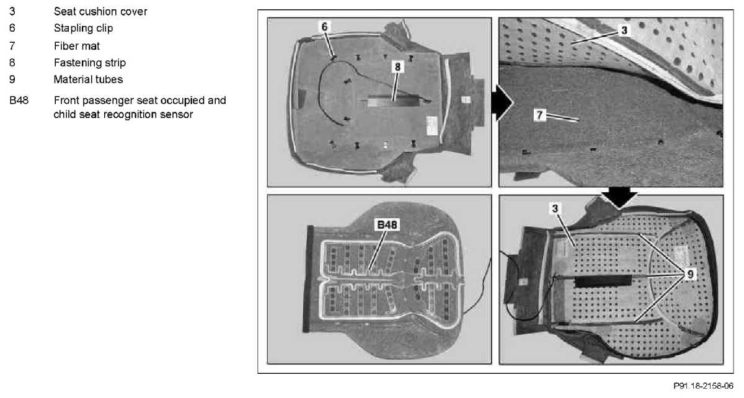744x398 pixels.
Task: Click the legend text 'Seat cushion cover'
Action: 100,12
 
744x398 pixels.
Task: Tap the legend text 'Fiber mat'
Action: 77,45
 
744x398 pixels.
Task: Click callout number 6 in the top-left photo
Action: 325,27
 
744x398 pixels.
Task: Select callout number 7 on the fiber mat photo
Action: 540,115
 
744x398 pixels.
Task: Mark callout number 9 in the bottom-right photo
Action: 687,273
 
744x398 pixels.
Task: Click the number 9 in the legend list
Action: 12,79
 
